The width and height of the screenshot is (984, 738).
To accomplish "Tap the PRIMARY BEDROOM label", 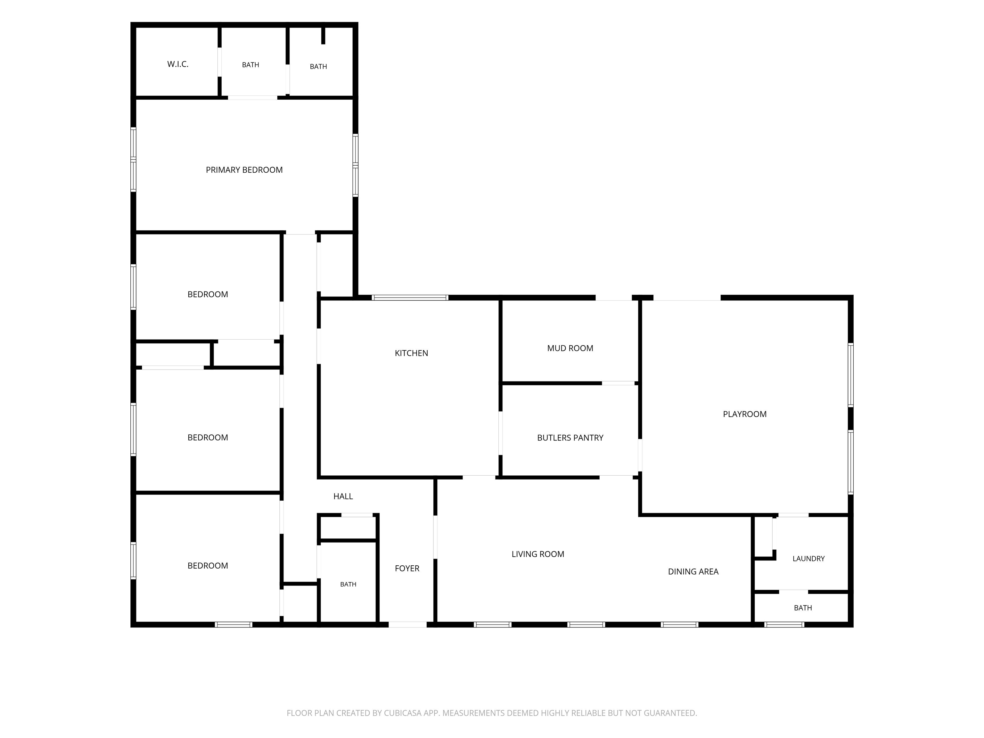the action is (244, 170).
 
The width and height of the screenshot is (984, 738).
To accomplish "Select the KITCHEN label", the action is (412, 353).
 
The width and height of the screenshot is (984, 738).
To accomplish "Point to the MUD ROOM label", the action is (570, 348).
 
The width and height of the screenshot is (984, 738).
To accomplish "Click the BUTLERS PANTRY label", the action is (570, 438).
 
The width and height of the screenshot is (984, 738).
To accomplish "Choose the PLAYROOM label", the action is (745, 414).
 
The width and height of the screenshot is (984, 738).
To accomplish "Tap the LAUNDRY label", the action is (809, 559).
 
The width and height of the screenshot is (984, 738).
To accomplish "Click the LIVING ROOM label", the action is (538, 554).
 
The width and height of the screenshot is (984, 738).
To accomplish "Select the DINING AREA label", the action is (693, 572).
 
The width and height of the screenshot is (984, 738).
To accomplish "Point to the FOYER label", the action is (407, 569).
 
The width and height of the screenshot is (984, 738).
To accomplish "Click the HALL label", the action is (343, 496).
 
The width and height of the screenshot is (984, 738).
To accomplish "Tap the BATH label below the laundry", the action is (803, 608).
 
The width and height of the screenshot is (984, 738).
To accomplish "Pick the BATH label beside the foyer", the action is (348, 585).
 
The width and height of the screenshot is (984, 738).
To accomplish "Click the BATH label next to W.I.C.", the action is (250, 65).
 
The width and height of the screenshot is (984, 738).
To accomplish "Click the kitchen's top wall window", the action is (410, 298).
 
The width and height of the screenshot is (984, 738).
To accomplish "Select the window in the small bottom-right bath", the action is (784, 625).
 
